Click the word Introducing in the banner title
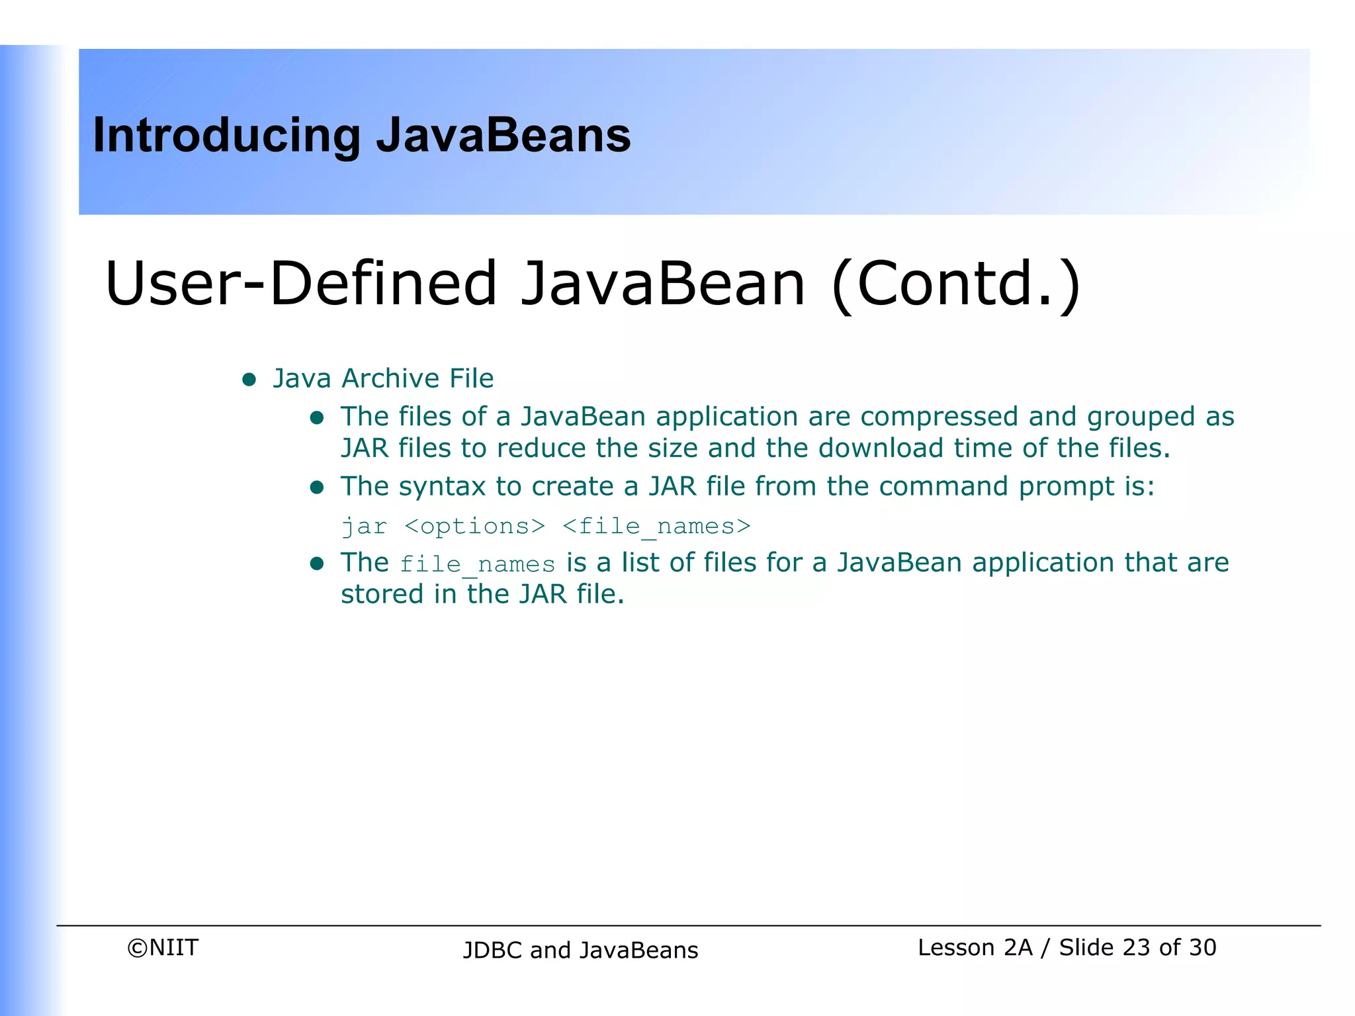(226, 136)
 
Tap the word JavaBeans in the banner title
(503, 136)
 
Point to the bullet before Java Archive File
(249, 379)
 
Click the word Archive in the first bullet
(390, 378)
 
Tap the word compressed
(939, 417)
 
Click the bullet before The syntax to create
(317, 487)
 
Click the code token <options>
(474, 527)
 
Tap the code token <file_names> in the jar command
(656, 527)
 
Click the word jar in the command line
(364, 527)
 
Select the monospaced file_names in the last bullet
(477, 564)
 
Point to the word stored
(382, 594)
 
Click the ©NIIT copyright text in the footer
(163, 948)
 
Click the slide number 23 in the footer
(1136, 948)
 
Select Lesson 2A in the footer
(975, 948)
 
